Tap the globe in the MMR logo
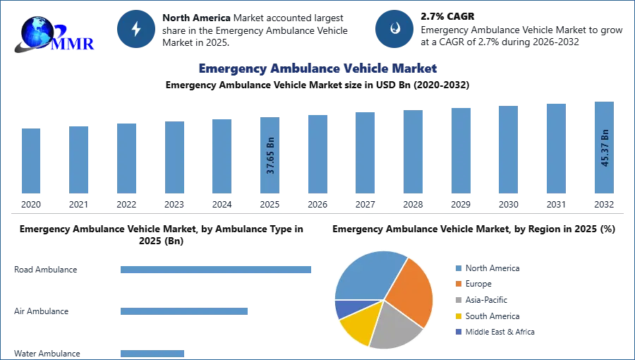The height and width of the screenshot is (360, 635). [x=37, y=32]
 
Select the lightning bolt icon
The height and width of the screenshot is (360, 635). [x=136, y=29]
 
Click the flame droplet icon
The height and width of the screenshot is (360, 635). [x=394, y=29]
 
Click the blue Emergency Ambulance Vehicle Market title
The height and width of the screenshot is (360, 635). [x=318, y=68]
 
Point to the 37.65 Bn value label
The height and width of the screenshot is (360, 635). [x=270, y=155]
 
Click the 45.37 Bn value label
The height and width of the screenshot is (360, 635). [x=605, y=148]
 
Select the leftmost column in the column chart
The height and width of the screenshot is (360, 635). [x=30, y=161]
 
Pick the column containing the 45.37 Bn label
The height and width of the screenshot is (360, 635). [x=604, y=149]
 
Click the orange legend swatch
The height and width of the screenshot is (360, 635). [x=458, y=284]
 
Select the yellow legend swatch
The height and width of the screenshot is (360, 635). [x=458, y=316]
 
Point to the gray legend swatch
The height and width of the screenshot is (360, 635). [x=458, y=300]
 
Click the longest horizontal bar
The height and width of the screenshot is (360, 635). [x=217, y=270]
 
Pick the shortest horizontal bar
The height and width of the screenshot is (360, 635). [x=152, y=354]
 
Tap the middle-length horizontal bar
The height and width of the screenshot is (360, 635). [x=183, y=311]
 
